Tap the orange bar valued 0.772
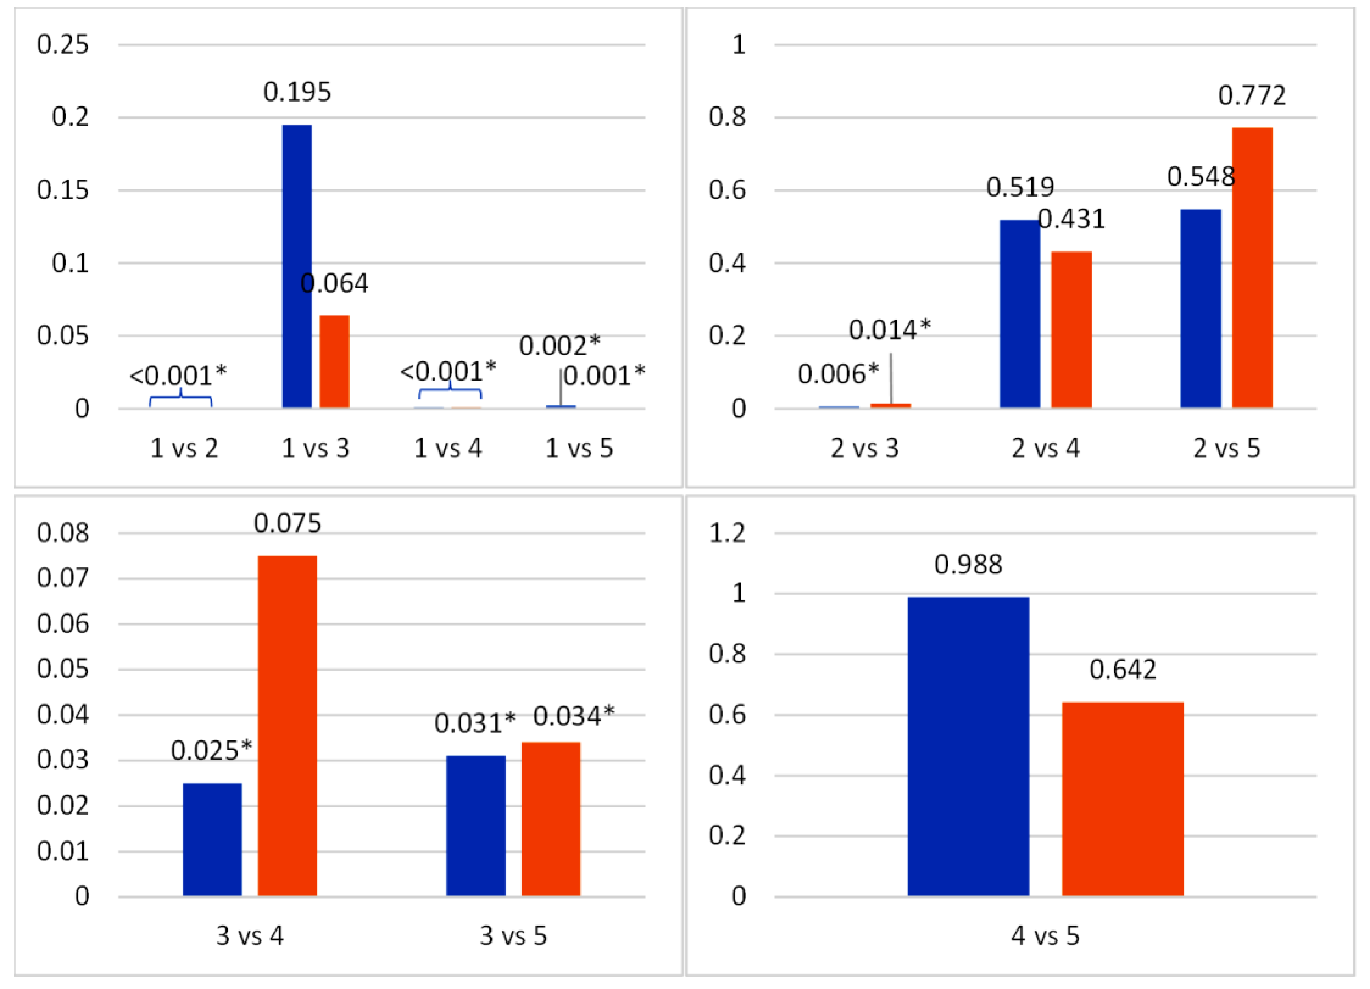tap(1252, 268)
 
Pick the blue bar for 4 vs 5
tap(968, 746)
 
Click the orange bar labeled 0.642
tap(1122, 799)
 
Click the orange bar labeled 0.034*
tap(550, 819)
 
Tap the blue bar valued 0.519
tap(1019, 314)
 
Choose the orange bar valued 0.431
tap(1071, 329)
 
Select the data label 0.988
tap(968, 564)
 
